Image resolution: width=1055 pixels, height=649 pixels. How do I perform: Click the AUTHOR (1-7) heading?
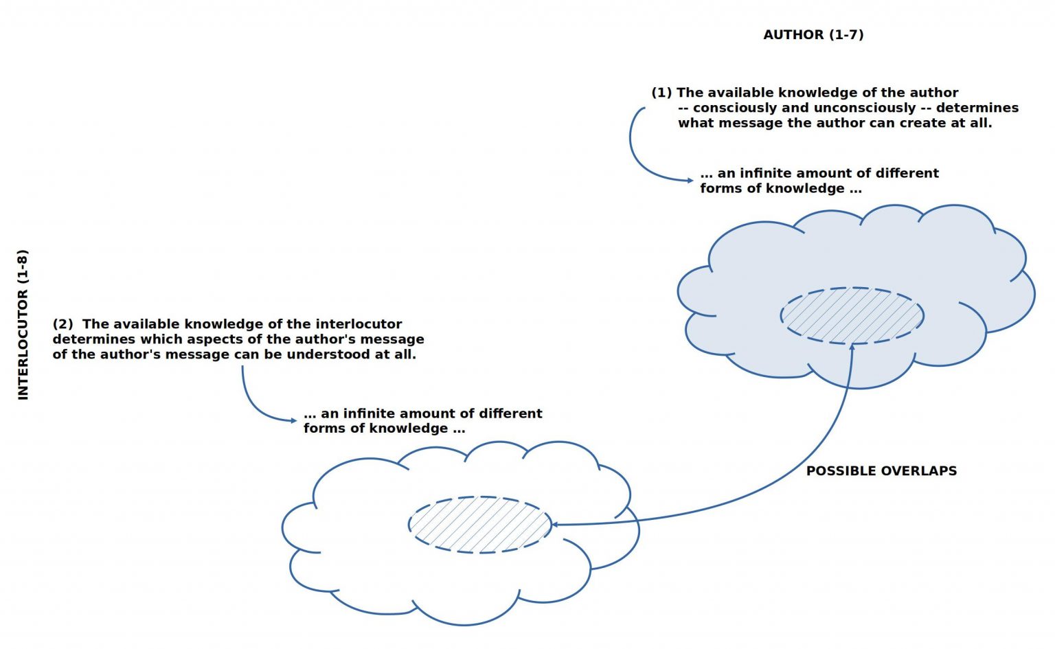[x=813, y=34]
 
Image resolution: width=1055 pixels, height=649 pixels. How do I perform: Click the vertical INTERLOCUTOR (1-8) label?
[x=23, y=324]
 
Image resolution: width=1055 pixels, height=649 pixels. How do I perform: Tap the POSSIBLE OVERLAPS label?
[x=881, y=471]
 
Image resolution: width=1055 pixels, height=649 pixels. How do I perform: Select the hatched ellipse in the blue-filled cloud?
[x=852, y=316]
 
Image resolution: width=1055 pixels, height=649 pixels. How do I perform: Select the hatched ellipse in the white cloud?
[x=479, y=525]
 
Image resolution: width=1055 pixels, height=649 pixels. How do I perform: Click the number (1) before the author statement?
[x=661, y=93]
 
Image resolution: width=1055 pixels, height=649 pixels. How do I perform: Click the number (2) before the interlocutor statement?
[x=63, y=324]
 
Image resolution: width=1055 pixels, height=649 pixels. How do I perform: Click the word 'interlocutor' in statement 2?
[x=359, y=324]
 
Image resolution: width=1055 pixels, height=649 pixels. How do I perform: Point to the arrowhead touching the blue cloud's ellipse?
[x=852, y=348]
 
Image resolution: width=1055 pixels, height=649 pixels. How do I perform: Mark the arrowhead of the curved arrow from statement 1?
[x=690, y=181]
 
